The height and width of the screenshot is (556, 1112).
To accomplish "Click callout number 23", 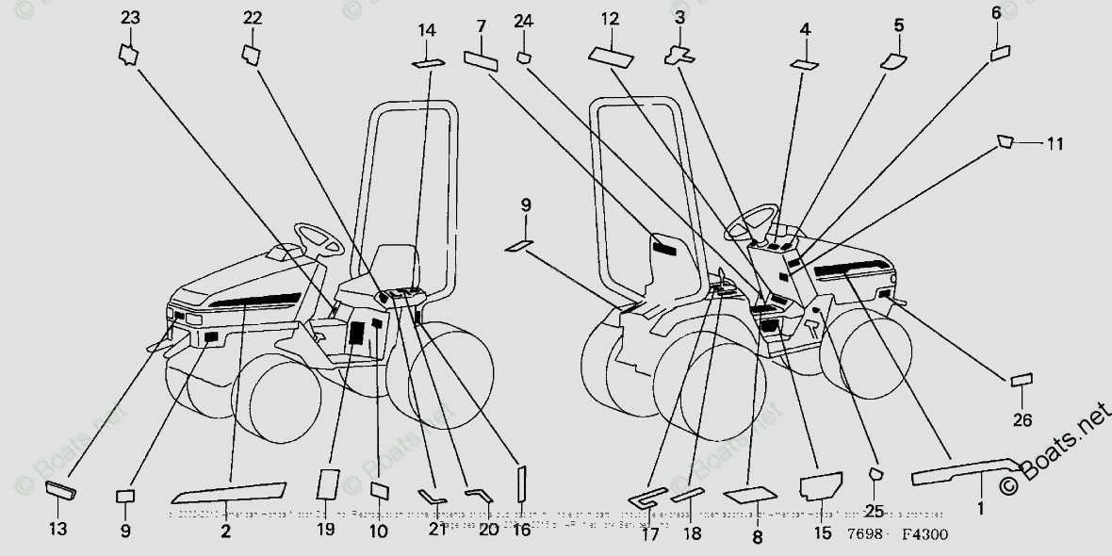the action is click(x=130, y=17).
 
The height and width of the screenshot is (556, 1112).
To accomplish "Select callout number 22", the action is click(x=253, y=18).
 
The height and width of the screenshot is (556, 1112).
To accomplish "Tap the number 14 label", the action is click(x=427, y=30).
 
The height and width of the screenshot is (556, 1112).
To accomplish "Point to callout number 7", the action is click(x=481, y=25).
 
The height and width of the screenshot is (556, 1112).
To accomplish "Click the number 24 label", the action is click(x=524, y=21).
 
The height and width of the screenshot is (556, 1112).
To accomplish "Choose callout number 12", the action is click(x=610, y=18).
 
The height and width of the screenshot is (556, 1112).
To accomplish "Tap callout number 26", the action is click(x=1022, y=419).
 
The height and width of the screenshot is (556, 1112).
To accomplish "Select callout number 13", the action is click(x=58, y=529).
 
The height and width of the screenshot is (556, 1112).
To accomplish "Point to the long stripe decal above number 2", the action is click(x=228, y=490).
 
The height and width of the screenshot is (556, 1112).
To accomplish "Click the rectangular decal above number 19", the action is click(x=326, y=482).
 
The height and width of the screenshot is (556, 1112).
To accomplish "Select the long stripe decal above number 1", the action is click(x=966, y=468).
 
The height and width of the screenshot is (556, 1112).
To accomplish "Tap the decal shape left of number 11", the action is click(x=1006, y=141).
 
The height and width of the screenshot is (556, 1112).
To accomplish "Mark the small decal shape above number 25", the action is click(x=874, y=473).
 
